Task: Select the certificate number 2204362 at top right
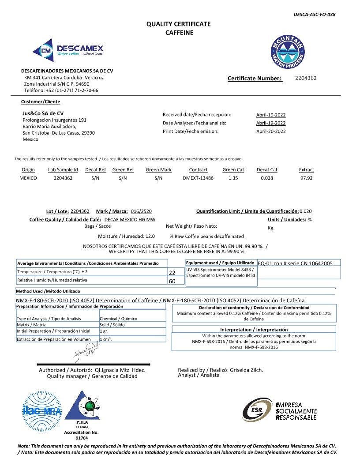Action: (x=306, y=78)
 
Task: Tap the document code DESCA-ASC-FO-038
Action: (x=314, y=15)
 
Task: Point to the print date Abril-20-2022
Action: (x=270, y=132)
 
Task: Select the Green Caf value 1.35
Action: (x=233, y=178)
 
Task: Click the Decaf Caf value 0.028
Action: (x=267, y=178)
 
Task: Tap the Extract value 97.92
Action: (x=306, y=178)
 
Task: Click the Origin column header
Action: (x=28, y=170)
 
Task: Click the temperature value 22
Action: (x=172, y=273)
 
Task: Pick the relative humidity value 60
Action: (x=172, y=281)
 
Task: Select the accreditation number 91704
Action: (x=82, y=438)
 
